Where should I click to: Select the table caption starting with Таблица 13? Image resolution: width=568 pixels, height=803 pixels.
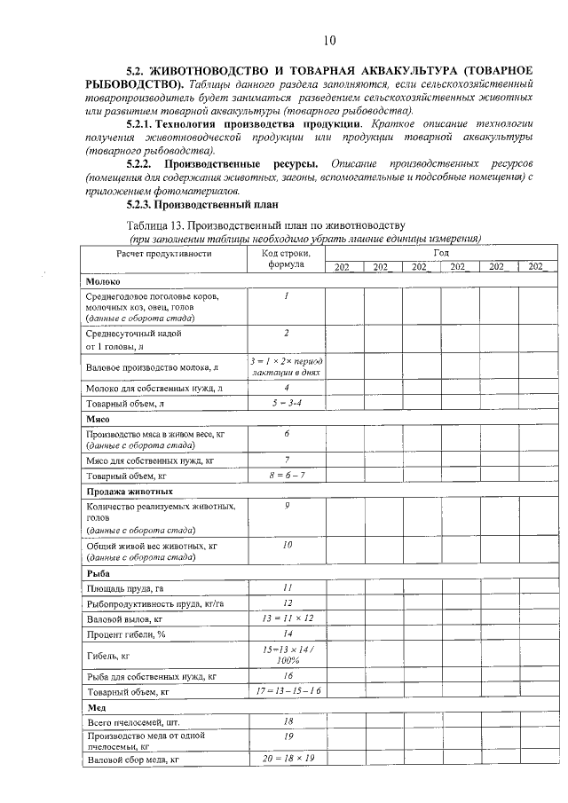click(x=265, y=223)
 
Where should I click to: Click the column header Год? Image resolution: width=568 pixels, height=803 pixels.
click(x=440, y=252)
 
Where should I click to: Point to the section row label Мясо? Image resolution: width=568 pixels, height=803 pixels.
click(x=98, y=418)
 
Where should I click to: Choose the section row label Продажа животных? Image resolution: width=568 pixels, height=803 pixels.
click(x=129, y=491)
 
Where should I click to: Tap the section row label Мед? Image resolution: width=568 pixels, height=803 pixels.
click(x=96, y=707)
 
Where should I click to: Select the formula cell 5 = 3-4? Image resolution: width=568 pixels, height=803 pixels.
click(x=287, y=404)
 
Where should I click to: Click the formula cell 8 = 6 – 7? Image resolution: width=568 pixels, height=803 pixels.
click(x=287, y=475)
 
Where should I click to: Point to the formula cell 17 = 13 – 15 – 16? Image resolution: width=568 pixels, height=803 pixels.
click(x=287, y=690)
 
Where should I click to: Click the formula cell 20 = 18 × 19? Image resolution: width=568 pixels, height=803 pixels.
click(x=287, y=760)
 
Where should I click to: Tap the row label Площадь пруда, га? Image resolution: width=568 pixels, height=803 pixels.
click(x=125, y=588)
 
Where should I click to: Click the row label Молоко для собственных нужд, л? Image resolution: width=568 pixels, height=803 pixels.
click(x=154, y=388)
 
